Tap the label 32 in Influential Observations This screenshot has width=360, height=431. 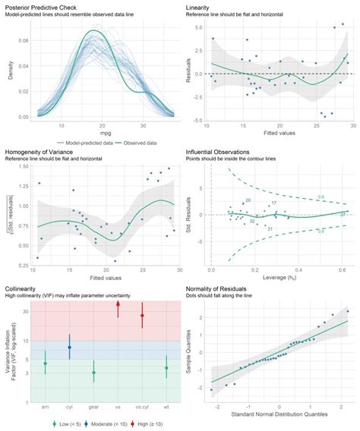[251, 222]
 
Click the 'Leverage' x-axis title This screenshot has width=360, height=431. [274, 278]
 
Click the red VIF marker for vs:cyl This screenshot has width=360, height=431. [142, 315]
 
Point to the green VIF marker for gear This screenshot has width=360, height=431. [93, 372]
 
